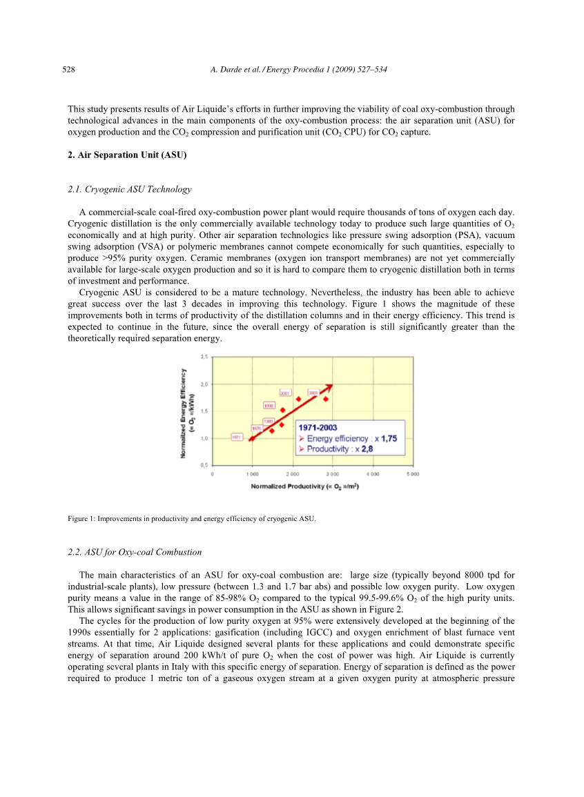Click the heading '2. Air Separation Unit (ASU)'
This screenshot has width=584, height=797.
(x=128, y=156)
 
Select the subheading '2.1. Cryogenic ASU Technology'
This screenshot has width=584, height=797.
(x=130, y=189)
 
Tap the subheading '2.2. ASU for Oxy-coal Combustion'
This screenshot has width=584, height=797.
(x=135, y=552)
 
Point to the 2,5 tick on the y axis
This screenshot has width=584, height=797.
(x=204, y=357)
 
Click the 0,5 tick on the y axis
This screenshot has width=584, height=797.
(x=204, y=465)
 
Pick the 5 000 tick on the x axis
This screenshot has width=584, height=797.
(x=413, y=475)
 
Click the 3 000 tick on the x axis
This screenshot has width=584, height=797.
(x=333, y=475)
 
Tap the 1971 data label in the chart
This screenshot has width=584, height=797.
(x=237, y=437)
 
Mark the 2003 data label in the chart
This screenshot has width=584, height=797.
(x=313, y=393)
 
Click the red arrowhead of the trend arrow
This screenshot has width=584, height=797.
(x=329, y=386)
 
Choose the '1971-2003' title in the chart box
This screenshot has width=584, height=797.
(x=318, y=428)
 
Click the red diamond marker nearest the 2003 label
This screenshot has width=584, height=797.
(x=325, y=400)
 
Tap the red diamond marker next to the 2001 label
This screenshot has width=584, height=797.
(x=298, y=399)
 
